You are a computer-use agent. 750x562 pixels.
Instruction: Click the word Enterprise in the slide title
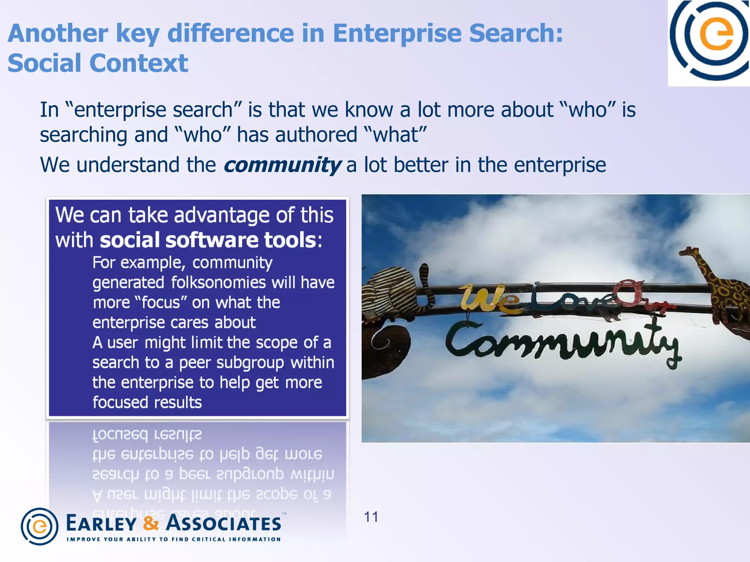pos(397,34)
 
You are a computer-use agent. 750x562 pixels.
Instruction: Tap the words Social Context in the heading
pos(98,63)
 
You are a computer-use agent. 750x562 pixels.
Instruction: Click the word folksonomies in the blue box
pos(218,282)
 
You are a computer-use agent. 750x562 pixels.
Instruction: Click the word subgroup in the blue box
pos(250,363)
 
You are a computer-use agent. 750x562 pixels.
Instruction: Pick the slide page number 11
pos(371,517)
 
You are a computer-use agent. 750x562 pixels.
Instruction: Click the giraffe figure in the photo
pos(714,289)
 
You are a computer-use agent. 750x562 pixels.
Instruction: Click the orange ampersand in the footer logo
pos(151,523)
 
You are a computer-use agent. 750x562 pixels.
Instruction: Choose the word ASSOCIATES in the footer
pos(223,523)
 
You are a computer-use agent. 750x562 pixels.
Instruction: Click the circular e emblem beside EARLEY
pos(40,527)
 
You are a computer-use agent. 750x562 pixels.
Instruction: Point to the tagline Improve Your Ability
pos(174,539)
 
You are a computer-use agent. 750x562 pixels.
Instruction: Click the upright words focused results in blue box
pos(147,402)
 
